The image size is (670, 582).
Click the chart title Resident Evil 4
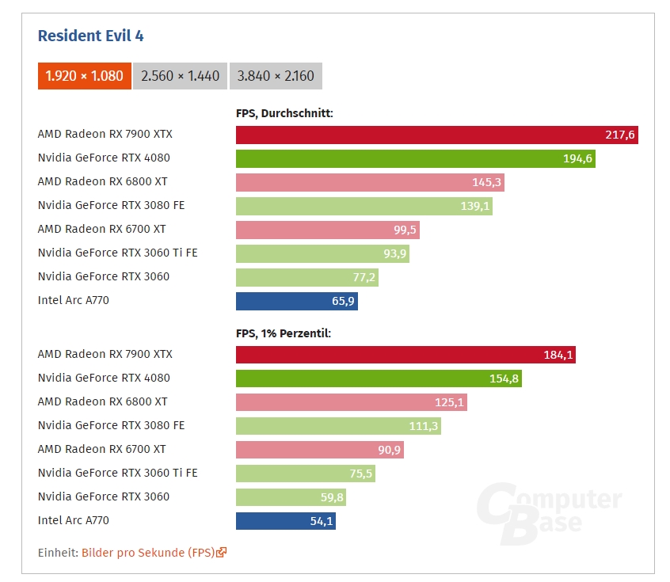click(91, 36)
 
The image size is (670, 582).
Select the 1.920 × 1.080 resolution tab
click(85, 76)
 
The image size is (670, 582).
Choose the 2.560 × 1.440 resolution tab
click(180, 76)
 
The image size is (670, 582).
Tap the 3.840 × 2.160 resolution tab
click(276, 76)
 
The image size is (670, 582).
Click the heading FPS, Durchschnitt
click(284, 113)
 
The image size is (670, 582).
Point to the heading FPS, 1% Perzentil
click(284, 333)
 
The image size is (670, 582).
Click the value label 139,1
click(476, 206)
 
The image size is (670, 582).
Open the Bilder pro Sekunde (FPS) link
click(148, 553)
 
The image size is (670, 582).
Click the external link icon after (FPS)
click(222, 553)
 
